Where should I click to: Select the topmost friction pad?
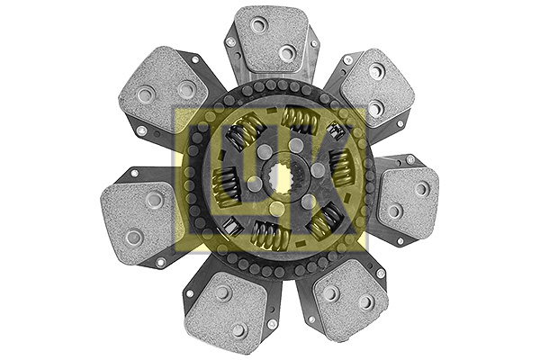click(271, 40)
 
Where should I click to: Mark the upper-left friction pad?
click(165, 87)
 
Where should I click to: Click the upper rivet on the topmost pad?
click(258, 25)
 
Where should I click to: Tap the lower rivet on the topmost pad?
click(286, 53)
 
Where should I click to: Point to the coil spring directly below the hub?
click(269, 235)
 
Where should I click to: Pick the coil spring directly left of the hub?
click(225, 186)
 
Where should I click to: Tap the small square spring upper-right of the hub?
click(336, 131)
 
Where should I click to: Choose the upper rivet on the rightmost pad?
click(421, 188)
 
